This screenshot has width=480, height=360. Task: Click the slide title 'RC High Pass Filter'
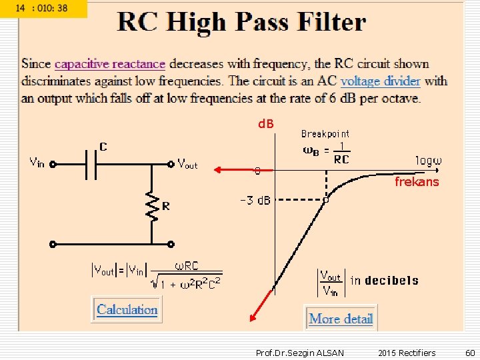point(242,23)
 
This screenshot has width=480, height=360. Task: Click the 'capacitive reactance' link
point(110,64)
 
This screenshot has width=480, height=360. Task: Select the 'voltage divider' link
point(380,81)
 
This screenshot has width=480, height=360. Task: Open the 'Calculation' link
point(127,309)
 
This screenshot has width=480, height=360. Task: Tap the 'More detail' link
point(341,319)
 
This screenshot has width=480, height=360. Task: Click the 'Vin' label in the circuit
point(37,162)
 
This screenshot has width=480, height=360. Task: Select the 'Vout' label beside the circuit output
point(187,163)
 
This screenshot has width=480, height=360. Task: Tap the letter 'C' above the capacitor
point(103,146)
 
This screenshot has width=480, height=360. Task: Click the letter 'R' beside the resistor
point(165,207)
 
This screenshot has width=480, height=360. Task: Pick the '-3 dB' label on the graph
point(255,201)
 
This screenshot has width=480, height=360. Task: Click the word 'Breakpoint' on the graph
point(325,133)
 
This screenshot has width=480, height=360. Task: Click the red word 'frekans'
point(417,181)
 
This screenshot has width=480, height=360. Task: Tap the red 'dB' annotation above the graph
point(266,124)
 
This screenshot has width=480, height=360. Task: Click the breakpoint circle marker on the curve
point(326,199)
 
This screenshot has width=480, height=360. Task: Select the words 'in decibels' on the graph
point(385,281)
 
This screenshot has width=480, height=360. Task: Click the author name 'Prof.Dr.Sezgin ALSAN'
point(300,353)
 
